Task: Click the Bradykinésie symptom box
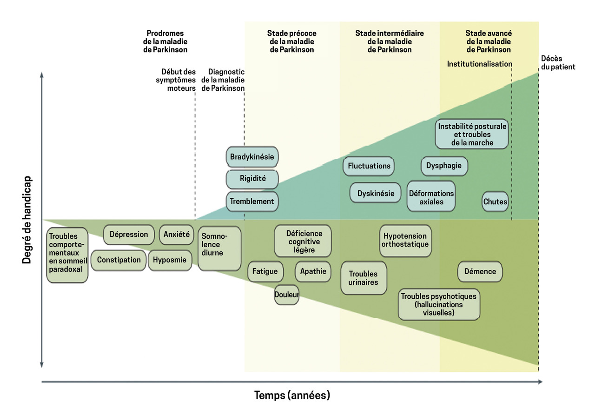point(252,157)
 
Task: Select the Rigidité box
point(252,179)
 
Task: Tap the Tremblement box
point(252,202)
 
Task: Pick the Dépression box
point(129,235)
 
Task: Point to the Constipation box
point(119,260)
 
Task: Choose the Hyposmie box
point(170,260)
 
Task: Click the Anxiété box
point(177,235)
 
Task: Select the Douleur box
point(286,295)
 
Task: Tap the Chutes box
point(495,202)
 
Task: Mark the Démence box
point(480,272)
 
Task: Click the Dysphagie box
point(444,166)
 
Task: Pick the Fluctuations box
point(369,166)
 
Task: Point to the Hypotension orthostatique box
point(405,241)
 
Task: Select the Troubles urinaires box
point(364,278)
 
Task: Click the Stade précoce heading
point(291,41)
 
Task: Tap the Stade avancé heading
point(489,41)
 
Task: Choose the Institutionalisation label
point(479,64)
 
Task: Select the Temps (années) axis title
point(292,396)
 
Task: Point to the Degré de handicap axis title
point(27,220)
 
